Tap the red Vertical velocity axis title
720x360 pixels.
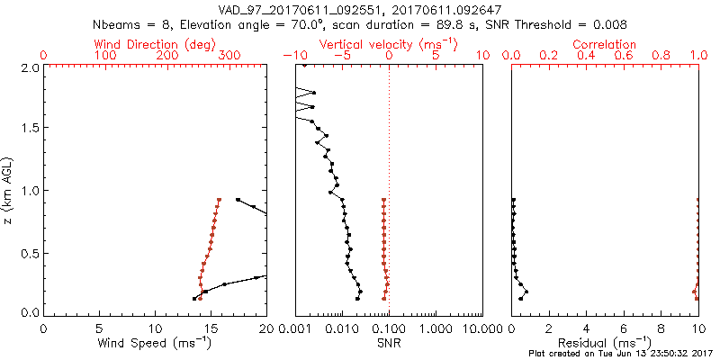388,44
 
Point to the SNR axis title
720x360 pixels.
388,343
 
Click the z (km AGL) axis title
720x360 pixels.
10,190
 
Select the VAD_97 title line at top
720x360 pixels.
360,9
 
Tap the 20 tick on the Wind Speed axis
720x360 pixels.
266,328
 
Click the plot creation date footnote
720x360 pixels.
624,354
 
